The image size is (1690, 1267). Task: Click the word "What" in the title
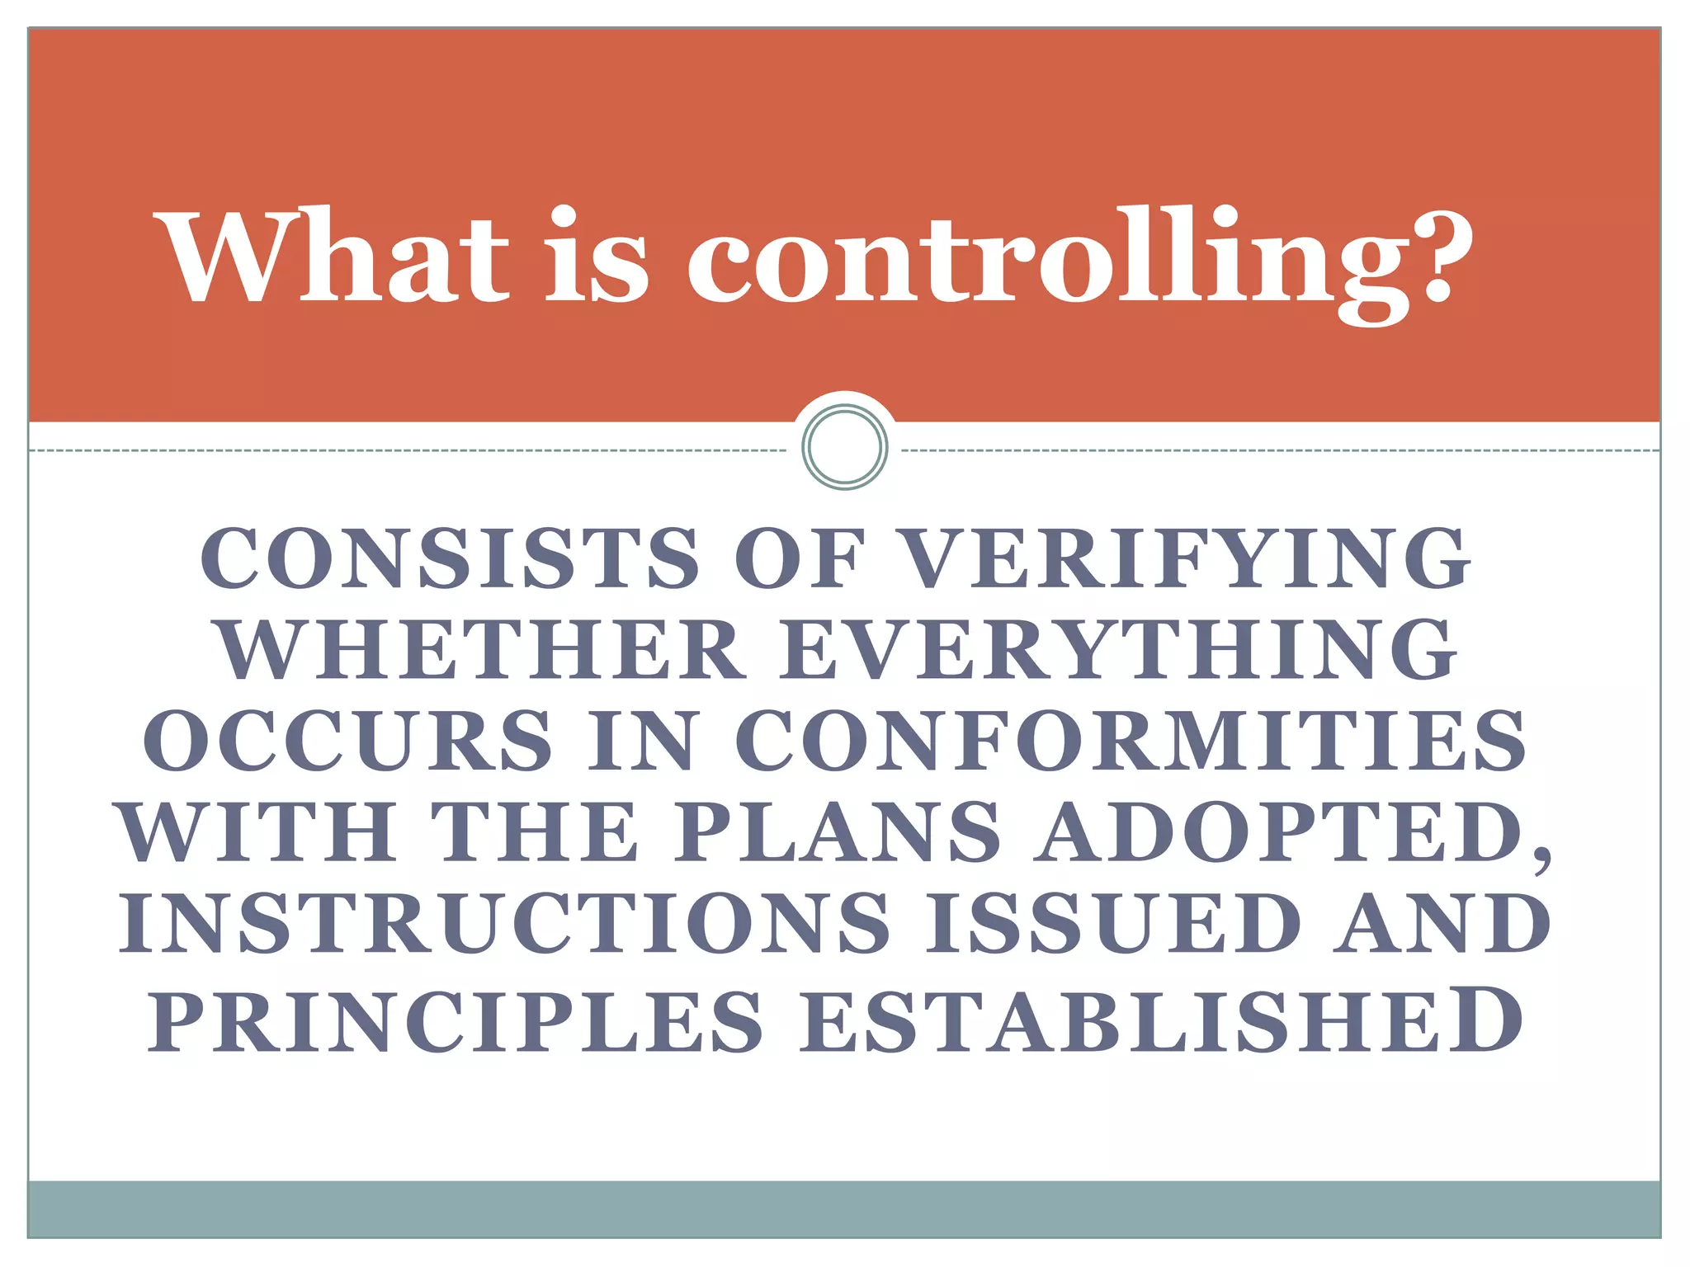tap(337, 257)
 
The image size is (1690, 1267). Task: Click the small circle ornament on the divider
tap(844, 446)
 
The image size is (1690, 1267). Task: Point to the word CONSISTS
tap(450, 559)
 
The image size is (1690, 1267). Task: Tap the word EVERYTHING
tap(1118, 652)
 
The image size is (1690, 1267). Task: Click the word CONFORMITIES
tap(1130, 741)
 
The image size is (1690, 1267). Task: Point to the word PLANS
tap(838, 833)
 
